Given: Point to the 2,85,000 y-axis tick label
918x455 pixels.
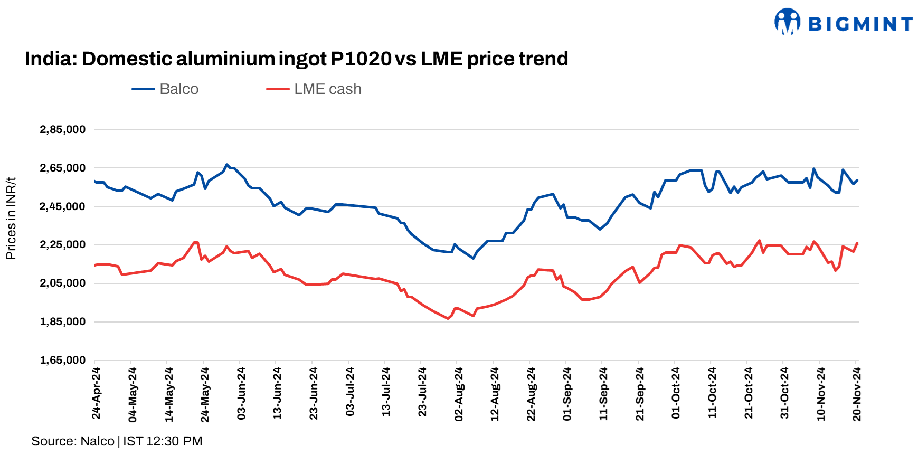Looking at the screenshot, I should (x=63, y=129).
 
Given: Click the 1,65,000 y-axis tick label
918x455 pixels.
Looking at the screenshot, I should (x=63, y=360).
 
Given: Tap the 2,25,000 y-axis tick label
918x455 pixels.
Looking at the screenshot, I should (x=63, y=244).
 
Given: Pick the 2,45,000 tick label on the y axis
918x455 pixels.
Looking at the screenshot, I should (x=63, y=206).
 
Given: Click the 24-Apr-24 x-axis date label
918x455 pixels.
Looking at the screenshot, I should (x=96, y=393).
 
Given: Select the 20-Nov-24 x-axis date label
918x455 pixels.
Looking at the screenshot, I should (x=857, y=394).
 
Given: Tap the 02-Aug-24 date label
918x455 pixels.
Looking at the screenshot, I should (x=459, y=394).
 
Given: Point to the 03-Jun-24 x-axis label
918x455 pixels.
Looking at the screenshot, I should (x=241, y=393).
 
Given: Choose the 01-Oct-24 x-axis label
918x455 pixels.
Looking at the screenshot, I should (x=676, y=393).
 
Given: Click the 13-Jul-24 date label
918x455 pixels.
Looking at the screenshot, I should (x=386, y=393).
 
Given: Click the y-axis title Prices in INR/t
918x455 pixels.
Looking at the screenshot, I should (x=11, y=219).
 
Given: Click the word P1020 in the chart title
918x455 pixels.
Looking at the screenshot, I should (x=361, y=59).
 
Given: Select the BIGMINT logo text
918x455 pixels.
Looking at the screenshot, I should (x=860, y=24).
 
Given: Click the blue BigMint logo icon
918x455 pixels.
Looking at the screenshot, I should (x=787, y=22).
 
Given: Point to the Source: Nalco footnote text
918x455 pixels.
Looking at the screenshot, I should (x=72, y=441).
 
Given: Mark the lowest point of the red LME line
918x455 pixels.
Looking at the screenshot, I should (x=448, y=318).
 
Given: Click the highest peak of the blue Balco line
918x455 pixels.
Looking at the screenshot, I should (x=226, y=164).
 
